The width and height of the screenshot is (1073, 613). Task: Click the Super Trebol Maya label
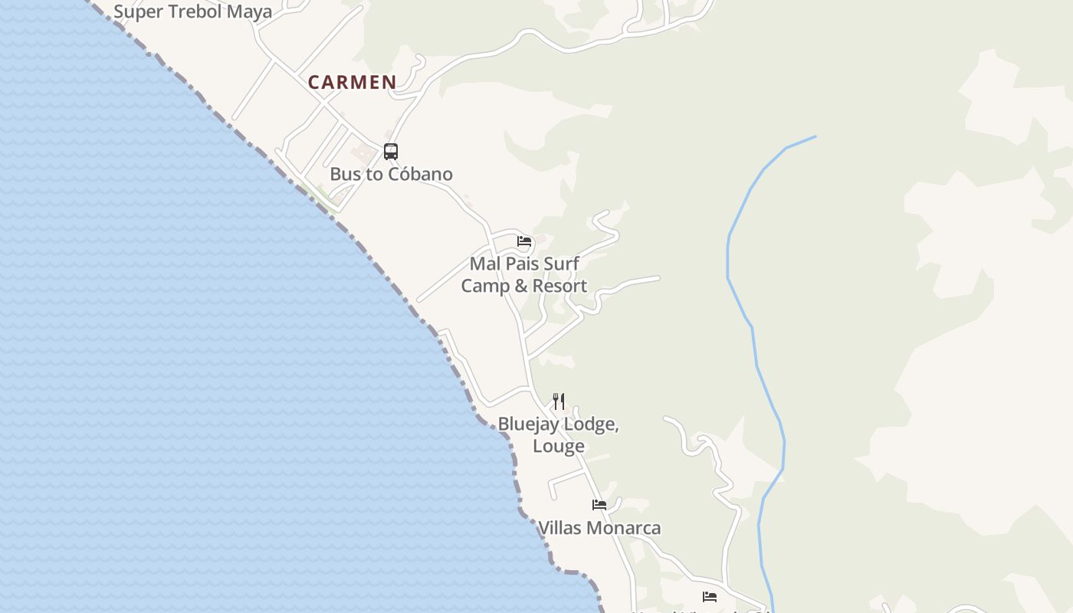tap(192, 11)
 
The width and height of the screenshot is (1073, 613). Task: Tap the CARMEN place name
tap(353, 83)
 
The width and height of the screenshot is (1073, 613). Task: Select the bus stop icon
tap(391, 152)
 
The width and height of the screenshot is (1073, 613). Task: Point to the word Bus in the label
tap(346, 174)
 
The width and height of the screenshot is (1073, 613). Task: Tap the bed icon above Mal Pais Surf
tap(524, 241)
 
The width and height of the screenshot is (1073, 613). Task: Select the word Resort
tap(561, 286)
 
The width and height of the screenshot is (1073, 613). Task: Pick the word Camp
tap(485, 286)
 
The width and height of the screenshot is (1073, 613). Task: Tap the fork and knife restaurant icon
tap(559, 401)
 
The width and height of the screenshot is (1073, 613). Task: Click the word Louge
tap(559, 446)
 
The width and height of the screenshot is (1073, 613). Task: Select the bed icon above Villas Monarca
tap(599, 505)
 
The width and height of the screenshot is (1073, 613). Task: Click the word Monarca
tap(624, 528)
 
